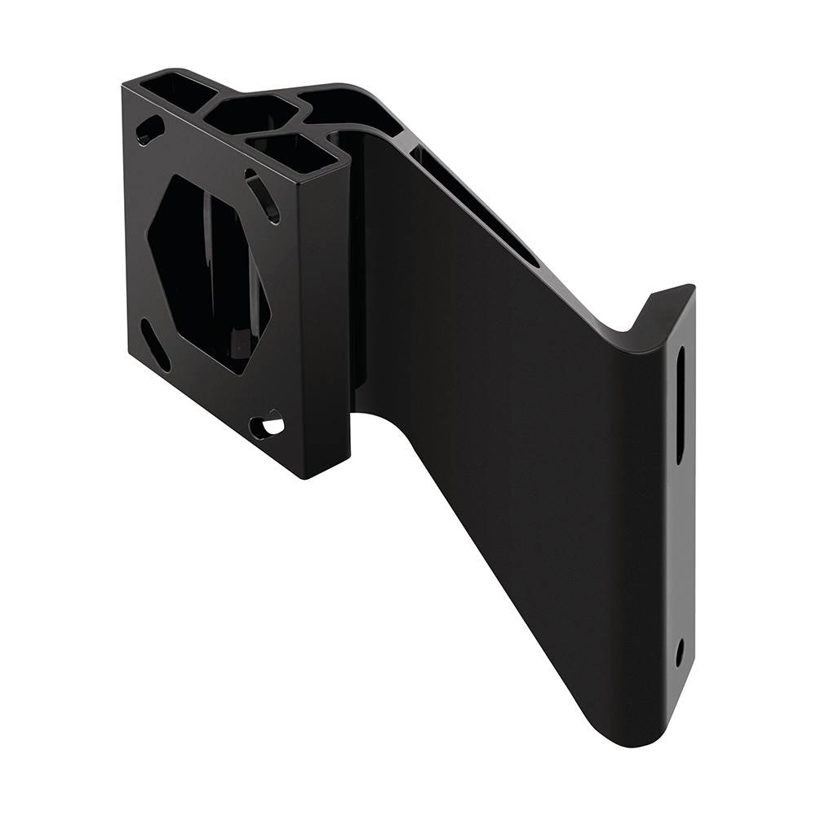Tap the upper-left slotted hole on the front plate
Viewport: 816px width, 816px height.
coord(149,128)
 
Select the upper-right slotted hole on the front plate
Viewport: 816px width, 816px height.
coord(263,195)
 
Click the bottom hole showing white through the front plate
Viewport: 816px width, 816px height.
coord(269,425)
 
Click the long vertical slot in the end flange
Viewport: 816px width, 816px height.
coord(679,404)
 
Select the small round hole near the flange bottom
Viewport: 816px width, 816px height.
coord(680,650)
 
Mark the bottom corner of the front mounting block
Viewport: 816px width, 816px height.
coord(304,476)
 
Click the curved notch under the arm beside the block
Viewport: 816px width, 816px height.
coord(384,416)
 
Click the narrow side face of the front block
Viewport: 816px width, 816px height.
coord(326,318)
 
